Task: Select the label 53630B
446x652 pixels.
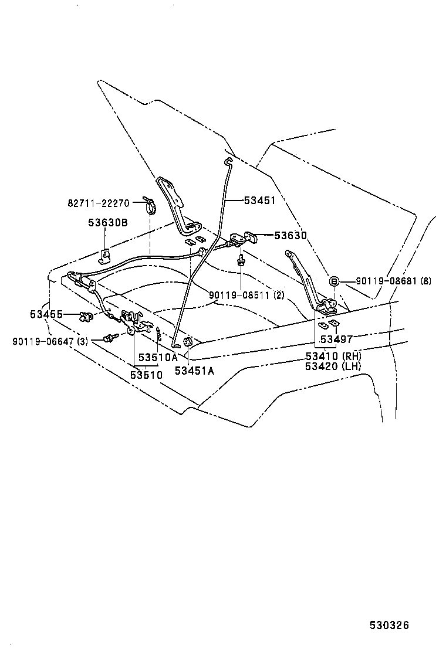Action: point(108,223)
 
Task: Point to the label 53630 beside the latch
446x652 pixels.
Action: point(290,236)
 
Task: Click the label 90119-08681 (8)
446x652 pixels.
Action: point(393,281)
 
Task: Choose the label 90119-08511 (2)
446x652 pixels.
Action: point(246,295)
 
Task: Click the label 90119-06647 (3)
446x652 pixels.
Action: point(49,340)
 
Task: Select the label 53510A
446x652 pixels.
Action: point(157,357)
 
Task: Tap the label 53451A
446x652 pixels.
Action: point(194,370)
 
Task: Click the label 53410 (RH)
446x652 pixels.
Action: point(333,356)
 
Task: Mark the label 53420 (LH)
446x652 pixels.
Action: point(333,366)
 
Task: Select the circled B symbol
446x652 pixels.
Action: point(333,281)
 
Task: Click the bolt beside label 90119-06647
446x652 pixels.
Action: point(109,338)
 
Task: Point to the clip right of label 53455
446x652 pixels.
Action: point(87,317)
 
